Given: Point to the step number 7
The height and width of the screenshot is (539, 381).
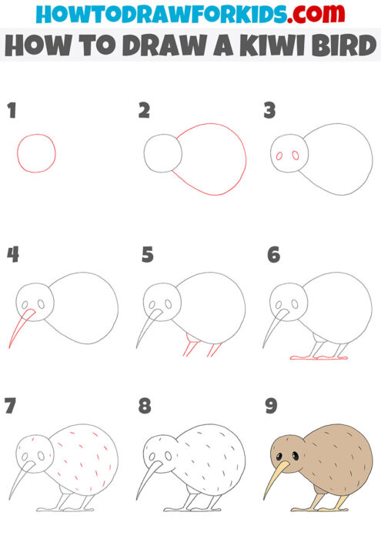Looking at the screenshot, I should [11, 406].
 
